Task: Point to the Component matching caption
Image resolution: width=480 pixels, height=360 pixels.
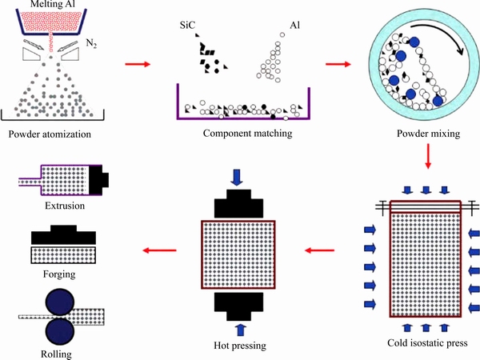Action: tap(247, 133)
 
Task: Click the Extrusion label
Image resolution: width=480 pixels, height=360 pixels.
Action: tap(64, 206)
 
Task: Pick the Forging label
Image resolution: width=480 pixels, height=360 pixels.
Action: tap(61, 274)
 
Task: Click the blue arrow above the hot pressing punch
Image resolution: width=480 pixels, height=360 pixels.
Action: tap(237, 175)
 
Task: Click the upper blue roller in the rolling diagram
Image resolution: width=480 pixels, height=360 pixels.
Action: tap(61, 305)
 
